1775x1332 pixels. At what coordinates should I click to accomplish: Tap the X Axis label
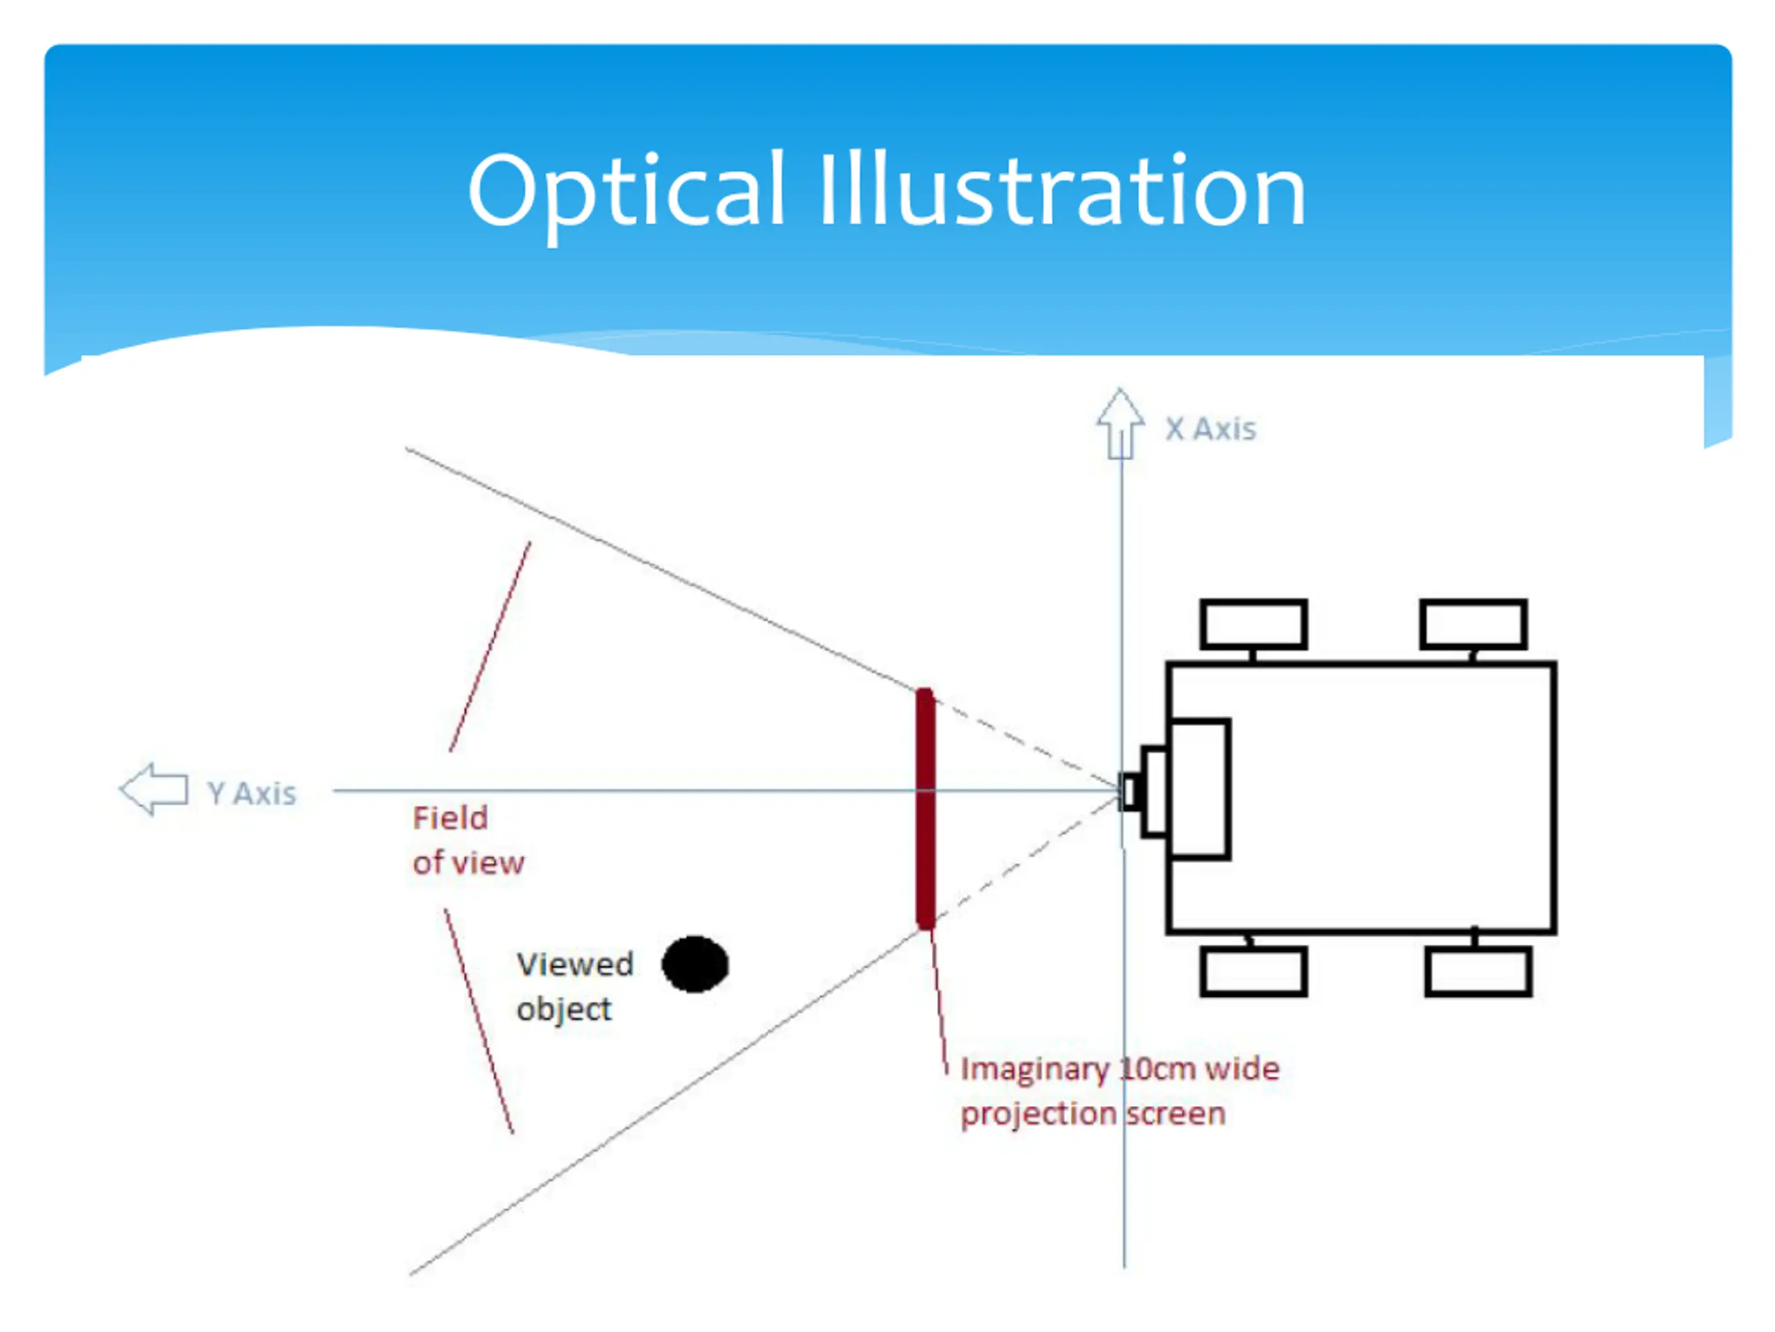(x=1210, y=429)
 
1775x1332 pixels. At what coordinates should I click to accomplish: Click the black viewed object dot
(x=695, y=964)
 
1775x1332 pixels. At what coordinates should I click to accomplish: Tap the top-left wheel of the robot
(x=1254, y=624)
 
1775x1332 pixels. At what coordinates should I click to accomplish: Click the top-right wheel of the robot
(x=1473, y=624)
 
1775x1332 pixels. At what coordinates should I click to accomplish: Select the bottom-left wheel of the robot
(x=1254, y=973)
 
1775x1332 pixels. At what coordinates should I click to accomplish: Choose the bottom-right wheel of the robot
(x=1478, y=973)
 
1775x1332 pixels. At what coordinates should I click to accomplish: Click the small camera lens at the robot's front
(x=1130, y=792)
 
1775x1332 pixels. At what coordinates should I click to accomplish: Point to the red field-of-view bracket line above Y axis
(x=490, y=647)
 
